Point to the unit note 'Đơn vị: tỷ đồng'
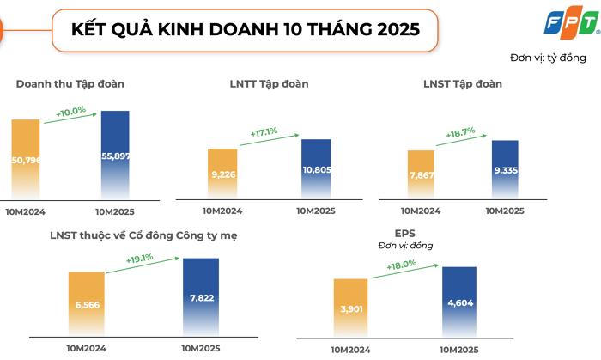547,58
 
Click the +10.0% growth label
70,113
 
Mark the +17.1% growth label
264,132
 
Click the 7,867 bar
421,174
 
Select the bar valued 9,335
506,169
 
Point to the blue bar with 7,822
201,296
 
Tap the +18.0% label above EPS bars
401,265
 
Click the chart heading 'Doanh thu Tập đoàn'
70,83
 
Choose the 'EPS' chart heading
405,233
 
